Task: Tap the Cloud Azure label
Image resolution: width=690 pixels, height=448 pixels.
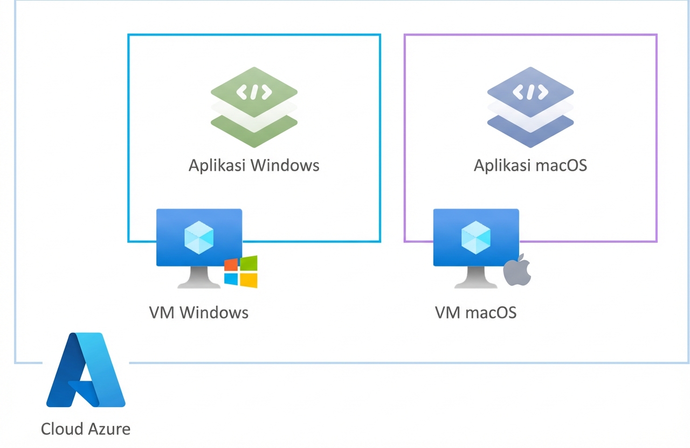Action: [x=86, y=429]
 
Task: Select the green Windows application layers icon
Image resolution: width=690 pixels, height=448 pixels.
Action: [x=254, y=107]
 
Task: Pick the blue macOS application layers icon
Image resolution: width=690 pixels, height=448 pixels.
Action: [x=530, y=107]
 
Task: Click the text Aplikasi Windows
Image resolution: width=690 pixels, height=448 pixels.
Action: [x=254, y=165]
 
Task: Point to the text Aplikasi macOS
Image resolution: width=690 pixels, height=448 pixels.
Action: [x=530, y=165]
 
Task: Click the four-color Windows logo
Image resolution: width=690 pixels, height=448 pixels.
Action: [x=241, y=272]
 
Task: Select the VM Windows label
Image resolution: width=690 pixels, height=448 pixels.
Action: [x=199, y=312]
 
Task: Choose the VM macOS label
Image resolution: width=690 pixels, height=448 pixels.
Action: [x=475, y=312]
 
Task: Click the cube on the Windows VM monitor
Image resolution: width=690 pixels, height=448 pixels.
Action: [x=199, y=237]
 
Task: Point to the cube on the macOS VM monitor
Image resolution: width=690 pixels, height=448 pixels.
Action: [x=476, y=237]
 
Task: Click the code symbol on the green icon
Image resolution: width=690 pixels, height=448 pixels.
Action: [x=254, y=92]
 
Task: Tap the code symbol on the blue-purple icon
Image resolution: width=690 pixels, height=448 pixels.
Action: [x=530, y=92]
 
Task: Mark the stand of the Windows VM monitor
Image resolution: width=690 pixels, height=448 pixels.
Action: [x=199, y=278]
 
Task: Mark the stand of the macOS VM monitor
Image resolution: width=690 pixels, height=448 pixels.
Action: [x=476, y=278]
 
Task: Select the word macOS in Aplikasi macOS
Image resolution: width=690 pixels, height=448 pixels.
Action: [x=561, y=165]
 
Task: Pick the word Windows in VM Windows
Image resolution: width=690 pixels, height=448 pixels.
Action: [x=214, y=312]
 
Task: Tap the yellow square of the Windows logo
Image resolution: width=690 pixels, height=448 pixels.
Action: [x=249, y=281]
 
